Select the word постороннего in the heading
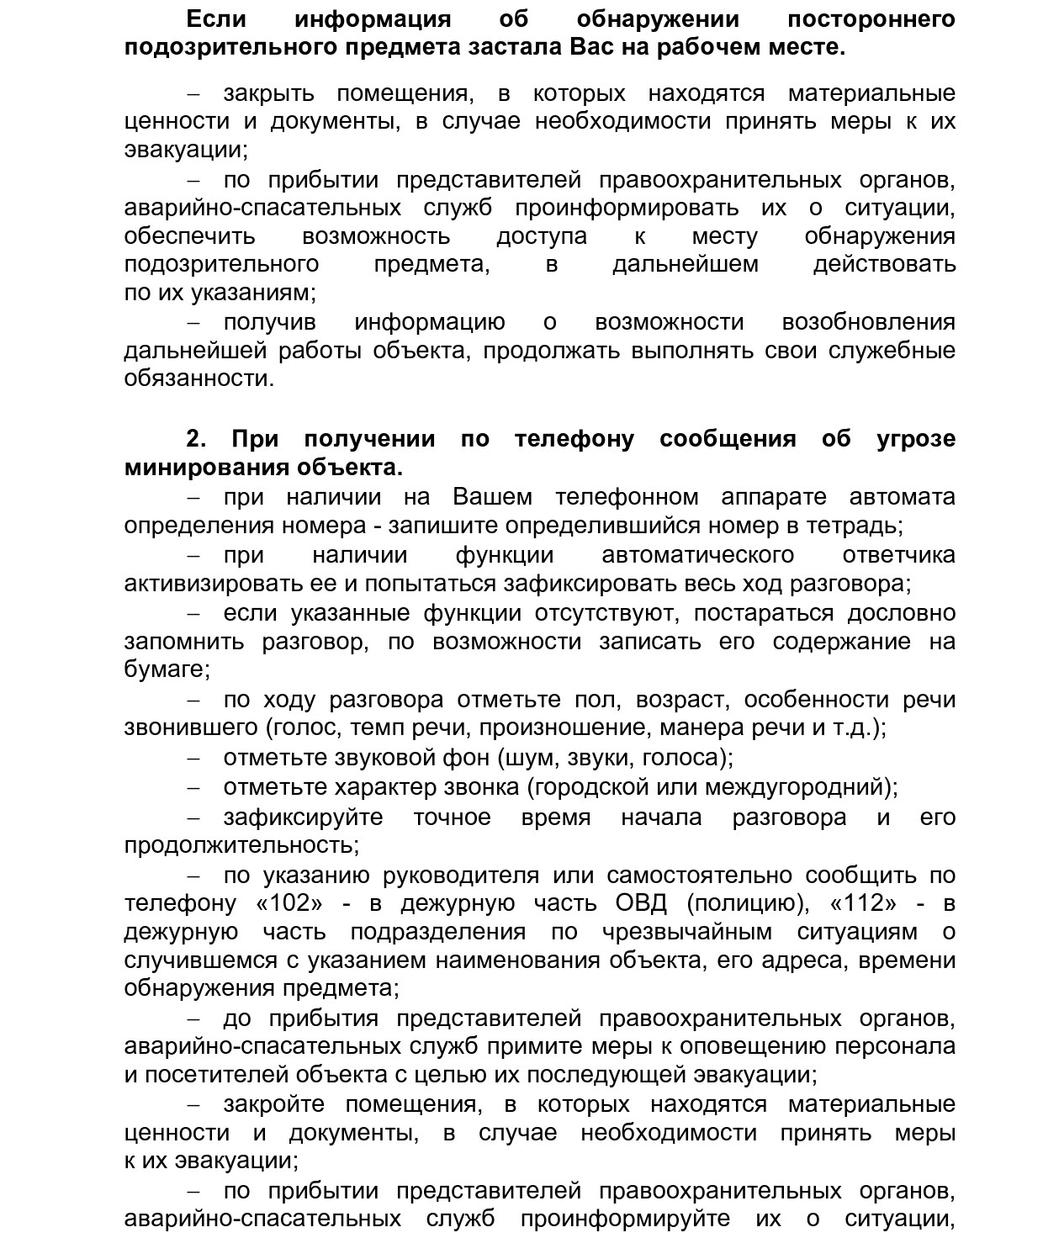pos(871,19)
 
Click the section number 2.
pos(196,439)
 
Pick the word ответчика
pos(898,555)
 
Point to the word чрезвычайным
pos(687,933)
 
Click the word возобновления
pos(868,322)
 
